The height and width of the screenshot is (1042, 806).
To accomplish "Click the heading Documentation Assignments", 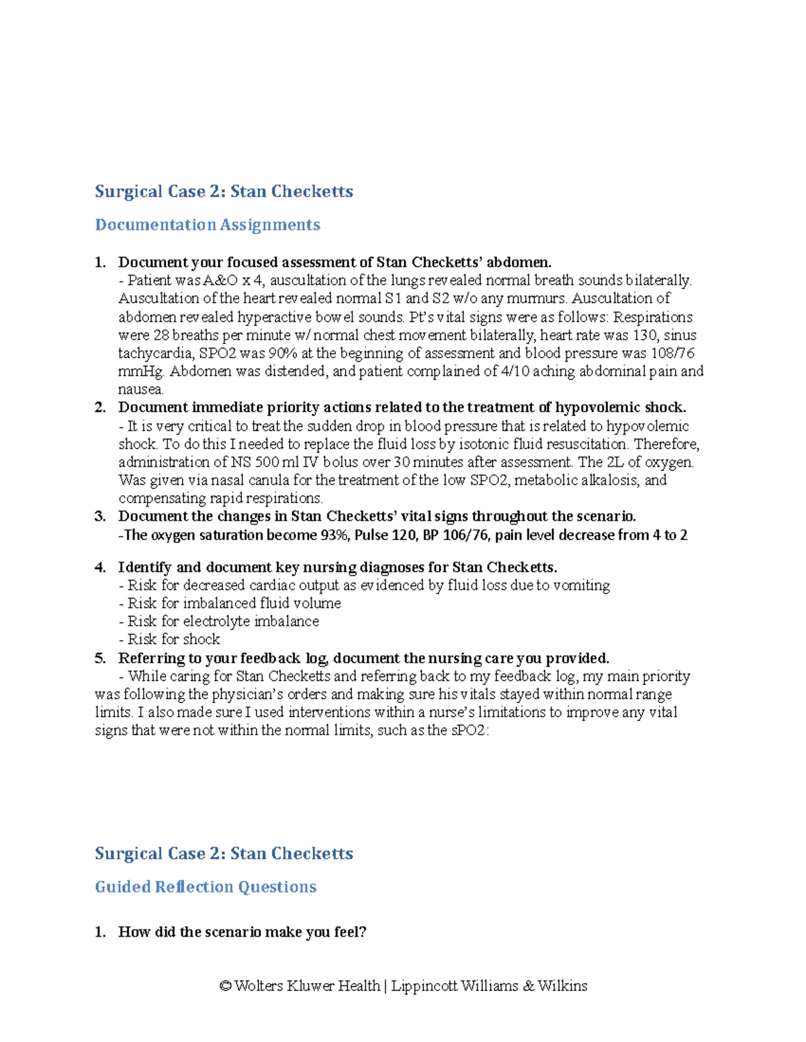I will (208, 225).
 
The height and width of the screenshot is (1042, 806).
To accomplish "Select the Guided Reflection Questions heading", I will (206, 887).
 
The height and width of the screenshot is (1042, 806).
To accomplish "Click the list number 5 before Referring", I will (100, 658).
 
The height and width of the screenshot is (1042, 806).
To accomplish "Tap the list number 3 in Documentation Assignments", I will (100, 517).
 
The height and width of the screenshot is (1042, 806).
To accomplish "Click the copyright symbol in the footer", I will (226, 986).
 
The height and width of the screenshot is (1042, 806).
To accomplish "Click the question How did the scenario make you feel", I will (242, 932).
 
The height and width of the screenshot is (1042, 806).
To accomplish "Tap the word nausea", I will (140, 390).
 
